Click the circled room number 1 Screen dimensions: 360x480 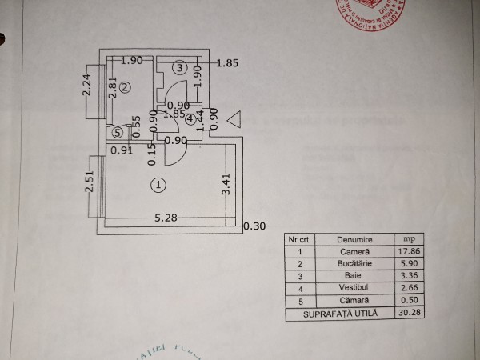158,185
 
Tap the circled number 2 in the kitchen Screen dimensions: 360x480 125,88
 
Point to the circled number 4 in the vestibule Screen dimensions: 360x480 190,120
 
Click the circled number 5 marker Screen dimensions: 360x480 118,133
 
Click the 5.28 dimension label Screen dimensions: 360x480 166,217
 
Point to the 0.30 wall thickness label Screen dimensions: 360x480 254,226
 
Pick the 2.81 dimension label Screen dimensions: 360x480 114,87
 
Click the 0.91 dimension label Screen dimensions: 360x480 122,150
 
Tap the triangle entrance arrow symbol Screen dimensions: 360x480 234,118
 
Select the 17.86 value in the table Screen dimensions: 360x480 409,250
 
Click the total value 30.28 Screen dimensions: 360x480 409,313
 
